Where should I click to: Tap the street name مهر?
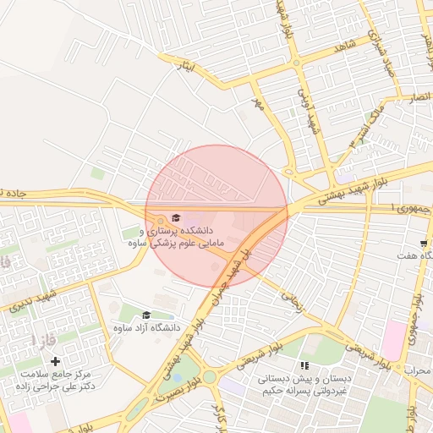(x=259, y=102)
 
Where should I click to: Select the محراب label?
(x=417, y=370)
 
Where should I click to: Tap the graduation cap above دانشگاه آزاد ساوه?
(x=146, y=315)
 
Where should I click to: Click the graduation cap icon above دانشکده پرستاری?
(x=176, y=218)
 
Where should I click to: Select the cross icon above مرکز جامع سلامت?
(x=56, y=362)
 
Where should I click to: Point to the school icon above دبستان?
(x=304, y=366)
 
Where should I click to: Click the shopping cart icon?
(x=424, y=243)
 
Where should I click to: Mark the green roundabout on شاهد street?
(x=297, y=63)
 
